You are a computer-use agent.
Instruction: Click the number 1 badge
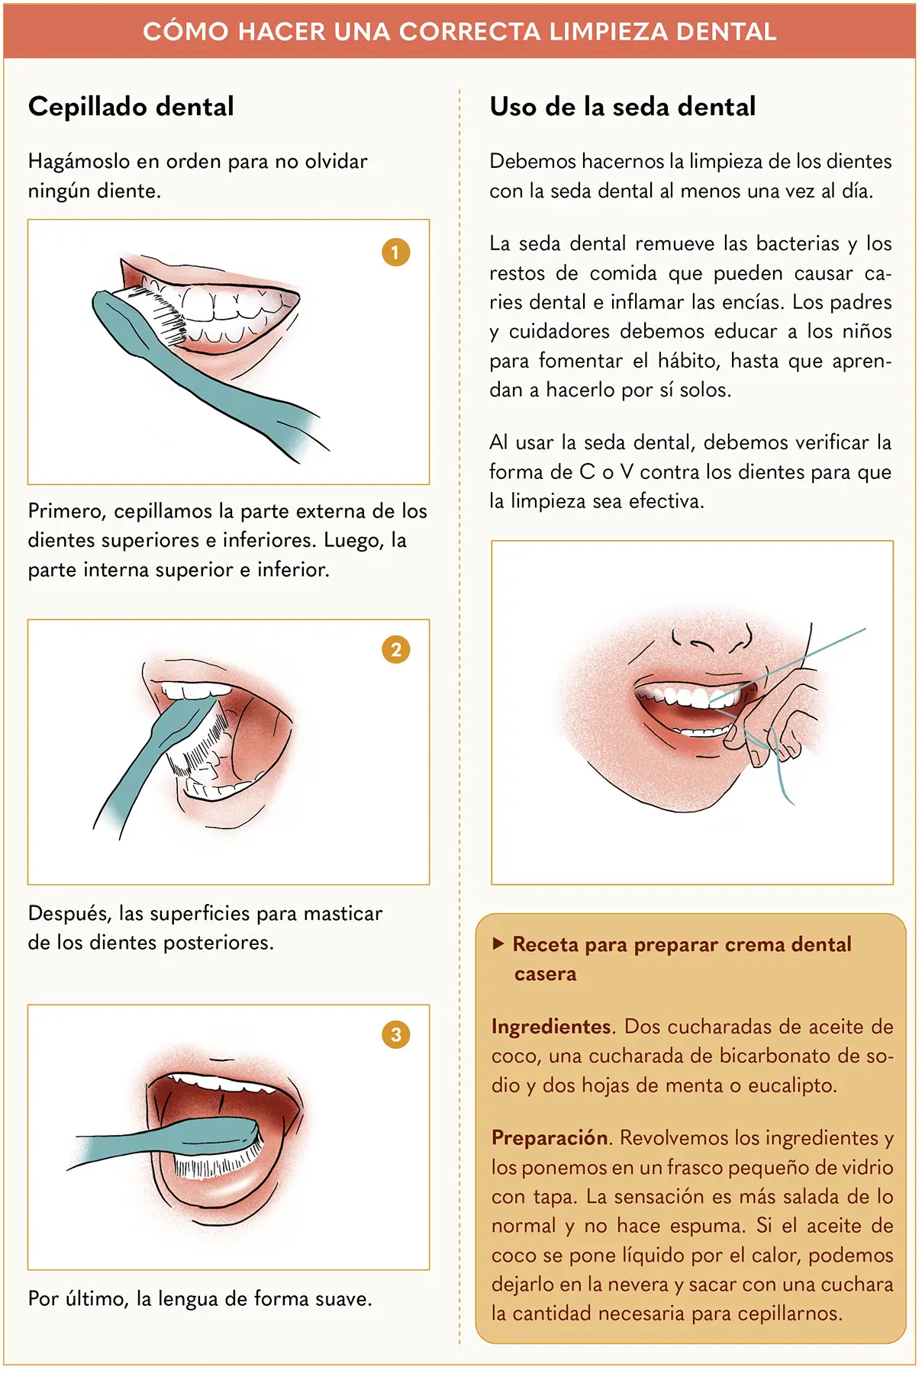pos(395,252)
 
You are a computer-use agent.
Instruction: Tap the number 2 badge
pos(395,650)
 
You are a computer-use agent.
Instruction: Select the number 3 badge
pos(395,1035)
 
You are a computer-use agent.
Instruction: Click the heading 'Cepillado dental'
pos(131,107)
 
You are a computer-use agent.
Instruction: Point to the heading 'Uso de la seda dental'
pos(623,107)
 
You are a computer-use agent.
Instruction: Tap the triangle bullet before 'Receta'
pos(498,944)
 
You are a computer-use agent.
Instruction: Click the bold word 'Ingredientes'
pos(552,1027)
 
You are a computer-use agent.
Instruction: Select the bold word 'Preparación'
pos(550,1138)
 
